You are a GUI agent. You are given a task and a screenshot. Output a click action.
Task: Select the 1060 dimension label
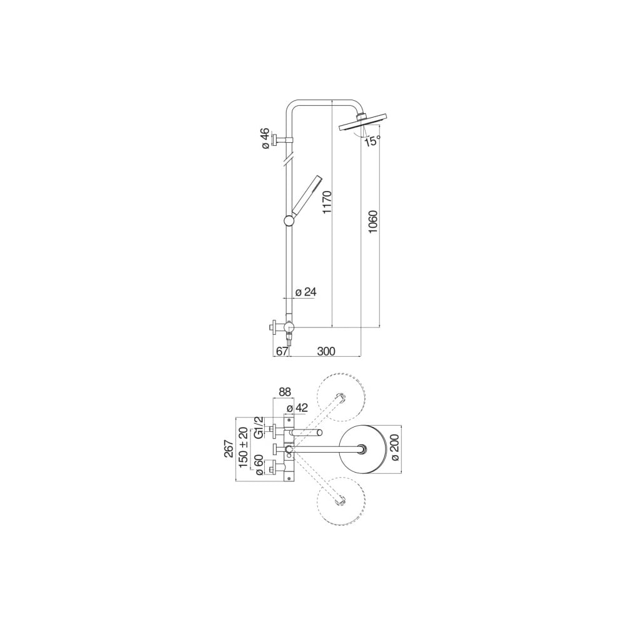point(373,222)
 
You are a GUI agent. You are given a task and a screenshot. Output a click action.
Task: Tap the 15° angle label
point(372,140)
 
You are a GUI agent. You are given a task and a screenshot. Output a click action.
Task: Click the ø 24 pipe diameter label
point(305,292)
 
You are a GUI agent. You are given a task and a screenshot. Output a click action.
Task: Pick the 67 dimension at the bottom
point(282,351)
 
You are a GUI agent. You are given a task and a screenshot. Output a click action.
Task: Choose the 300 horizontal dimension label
point(326,351)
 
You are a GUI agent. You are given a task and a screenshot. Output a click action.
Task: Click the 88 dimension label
point(285,392)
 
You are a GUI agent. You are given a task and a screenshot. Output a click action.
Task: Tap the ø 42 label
point(297,408)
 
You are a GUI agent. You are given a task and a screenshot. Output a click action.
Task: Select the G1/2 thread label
point(259,427)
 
